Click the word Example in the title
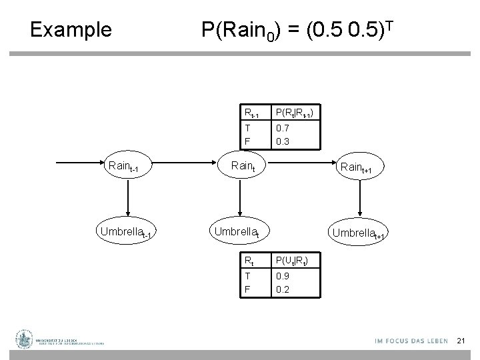[x=71, y=30]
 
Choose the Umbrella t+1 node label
[x=360, y=233]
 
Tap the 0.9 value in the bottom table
[x=284, y=277]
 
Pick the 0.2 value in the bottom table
[x=284, y=289]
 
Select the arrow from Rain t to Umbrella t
[x=239, y=197]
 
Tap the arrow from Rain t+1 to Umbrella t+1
[x=360, y=199]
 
